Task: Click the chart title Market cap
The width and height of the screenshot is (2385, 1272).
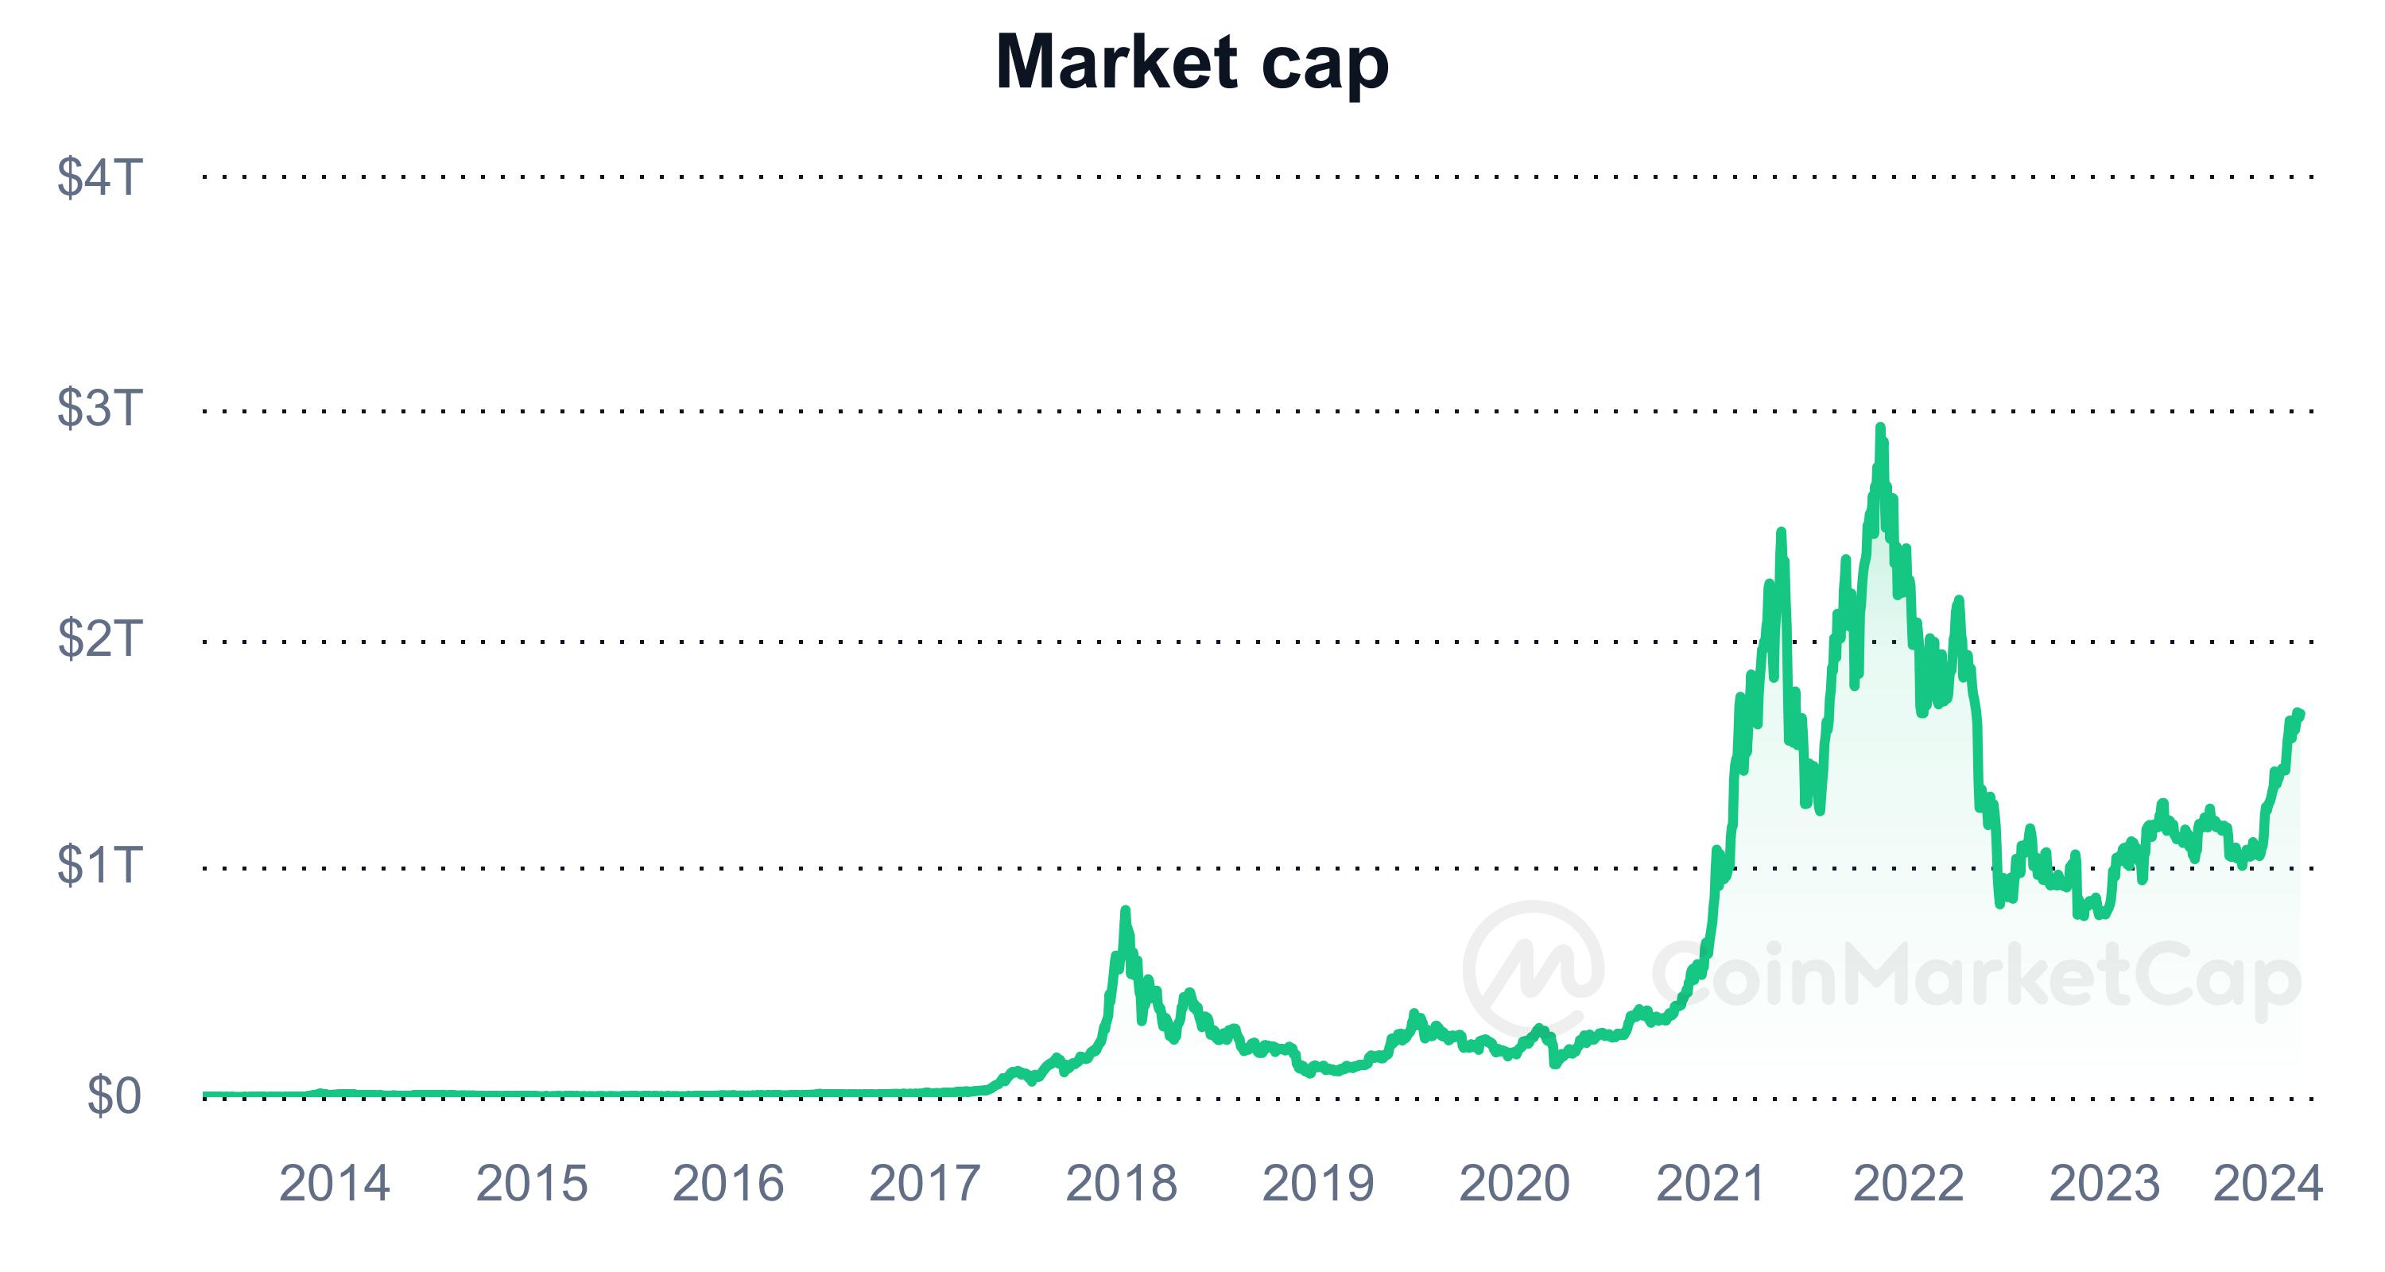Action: click(x=1192, y=63)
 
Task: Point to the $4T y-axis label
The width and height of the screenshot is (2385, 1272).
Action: click(x=100, y=176)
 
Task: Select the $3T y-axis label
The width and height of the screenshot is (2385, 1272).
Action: click(x=100, y=407)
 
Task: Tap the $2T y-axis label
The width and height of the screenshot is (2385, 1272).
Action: click(x=100, y=638)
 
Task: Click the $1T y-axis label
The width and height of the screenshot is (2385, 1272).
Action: click(x=100, y=866)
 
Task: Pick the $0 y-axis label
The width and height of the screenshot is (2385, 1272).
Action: click(x=114, y=1096)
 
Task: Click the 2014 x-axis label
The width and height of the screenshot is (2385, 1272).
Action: click(x=334, y=1183)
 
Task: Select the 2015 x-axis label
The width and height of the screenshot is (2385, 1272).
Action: click(x=531, y=1183)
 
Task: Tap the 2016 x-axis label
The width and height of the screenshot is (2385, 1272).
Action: click(x=727, y=1183)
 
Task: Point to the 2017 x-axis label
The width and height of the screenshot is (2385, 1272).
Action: click(x=924, y=1183)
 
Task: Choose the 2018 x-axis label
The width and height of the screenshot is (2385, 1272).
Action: click(x=1121, y=1183)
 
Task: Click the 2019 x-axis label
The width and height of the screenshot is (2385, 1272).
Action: click(x=1318, y=1183)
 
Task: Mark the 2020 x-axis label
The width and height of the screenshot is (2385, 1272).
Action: click(x=1514, y=1183)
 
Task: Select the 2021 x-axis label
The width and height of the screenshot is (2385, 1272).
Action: click(x=1711, y=1183)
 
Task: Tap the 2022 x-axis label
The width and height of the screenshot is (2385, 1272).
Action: click(x=1908, y=1183)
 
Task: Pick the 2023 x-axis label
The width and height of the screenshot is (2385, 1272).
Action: click(x=2104, y=1183)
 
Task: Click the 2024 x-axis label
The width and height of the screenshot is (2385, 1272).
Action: click(x=2267, y=1183)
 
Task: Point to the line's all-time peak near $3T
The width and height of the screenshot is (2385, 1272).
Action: click(x=1879, y=428)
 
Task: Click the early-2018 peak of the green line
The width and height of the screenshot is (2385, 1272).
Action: click(x=1125, y=911)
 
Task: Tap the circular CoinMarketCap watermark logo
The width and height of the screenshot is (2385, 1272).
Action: click(x=1534, y=970)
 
